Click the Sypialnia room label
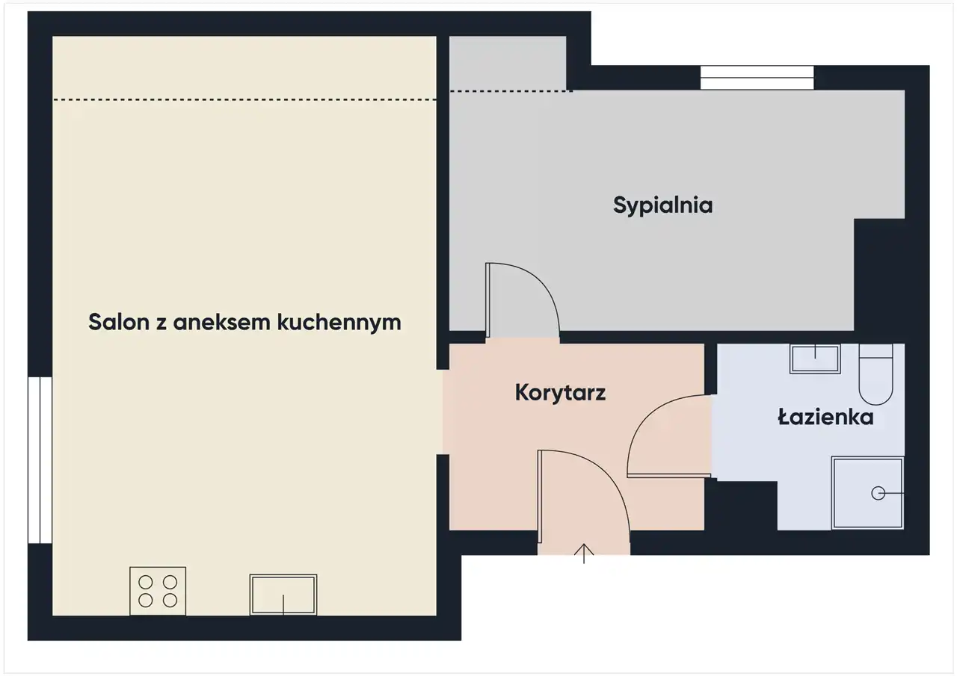(x=662, y=205)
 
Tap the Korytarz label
(x=560, y=393)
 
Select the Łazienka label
(x=825, y=417)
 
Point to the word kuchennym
(x=339, y=323)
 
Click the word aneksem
(x=222, y=322)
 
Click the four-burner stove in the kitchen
(x=158, y=591)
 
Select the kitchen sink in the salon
(x=283, y=595)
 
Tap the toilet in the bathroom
(x=876, y=374)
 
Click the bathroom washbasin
(x=815, y=359)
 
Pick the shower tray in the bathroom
(x=867, y=493)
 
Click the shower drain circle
(x=878, y=493)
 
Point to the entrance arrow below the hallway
(x=584, y=553)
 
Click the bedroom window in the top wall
(x=757, y=78)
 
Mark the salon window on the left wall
(x=40, y=460)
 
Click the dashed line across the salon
(x=244, y=99)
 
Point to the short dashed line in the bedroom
(x=511, y=91)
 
